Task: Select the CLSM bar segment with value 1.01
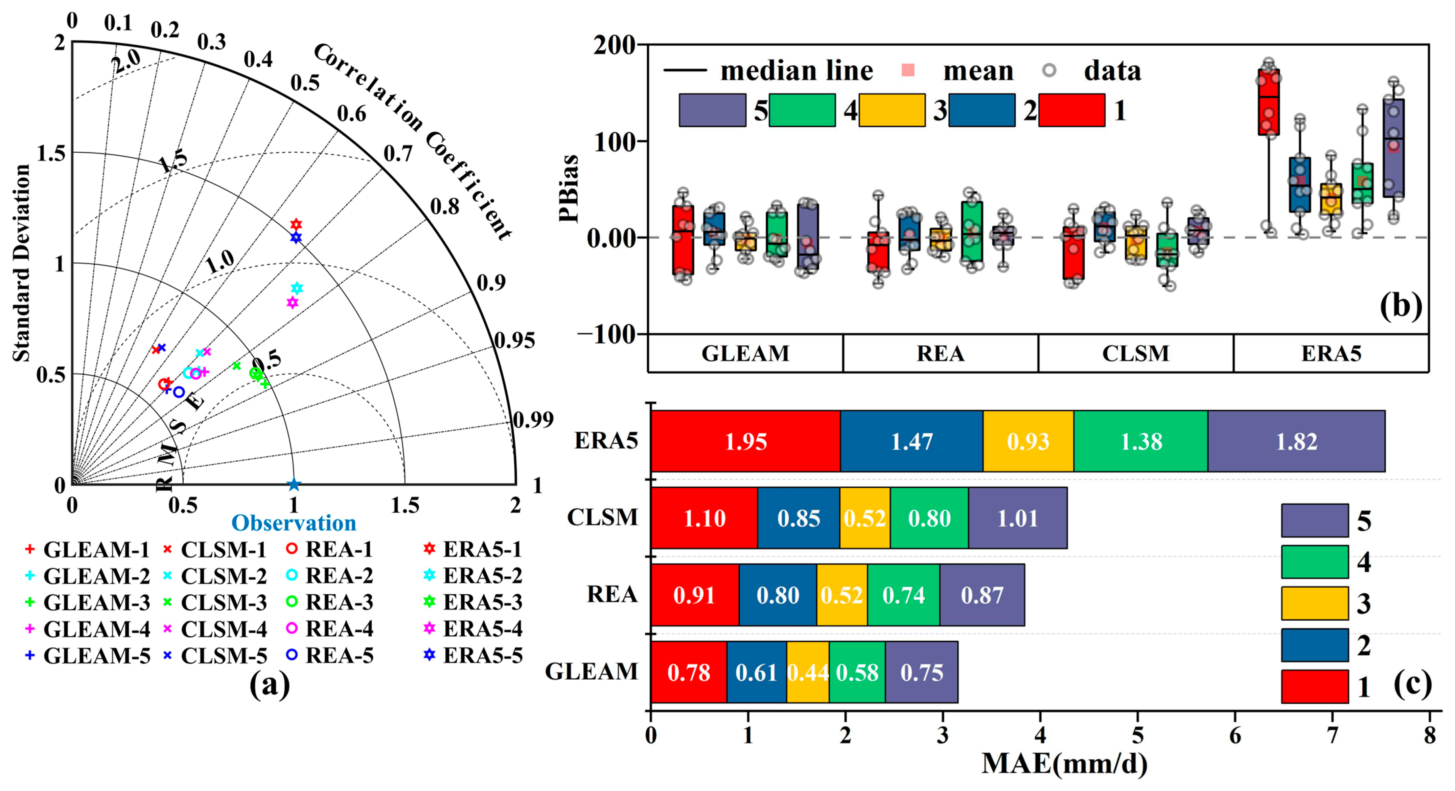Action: coord(1017,518)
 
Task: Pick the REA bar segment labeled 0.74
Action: coord(903,595)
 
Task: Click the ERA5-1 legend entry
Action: coord(473,549)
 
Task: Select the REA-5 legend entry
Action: coord(331,655)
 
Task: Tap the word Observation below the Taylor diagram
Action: coord(294,523)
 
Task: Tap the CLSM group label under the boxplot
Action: coord(1135,353)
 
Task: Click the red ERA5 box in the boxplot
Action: coord(1269,102)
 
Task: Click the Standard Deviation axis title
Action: coord(21,263)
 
